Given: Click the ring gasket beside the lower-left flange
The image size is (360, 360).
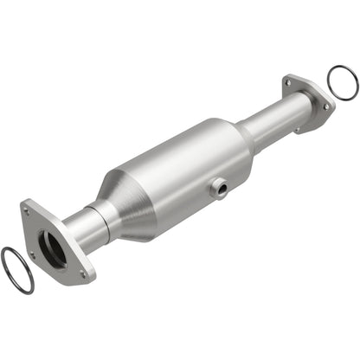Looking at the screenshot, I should (x=16, y=270).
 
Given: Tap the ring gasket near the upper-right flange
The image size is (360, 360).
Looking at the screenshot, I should (x=343, y=82).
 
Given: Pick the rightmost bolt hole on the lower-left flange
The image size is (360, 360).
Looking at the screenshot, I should (x=84, y=274).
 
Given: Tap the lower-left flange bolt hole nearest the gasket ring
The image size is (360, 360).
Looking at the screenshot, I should (x=32, y=254).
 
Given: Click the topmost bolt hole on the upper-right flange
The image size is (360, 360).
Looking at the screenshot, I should (x=288, y=83).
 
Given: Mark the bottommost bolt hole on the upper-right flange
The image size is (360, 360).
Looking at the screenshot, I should (x=297, y=130).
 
